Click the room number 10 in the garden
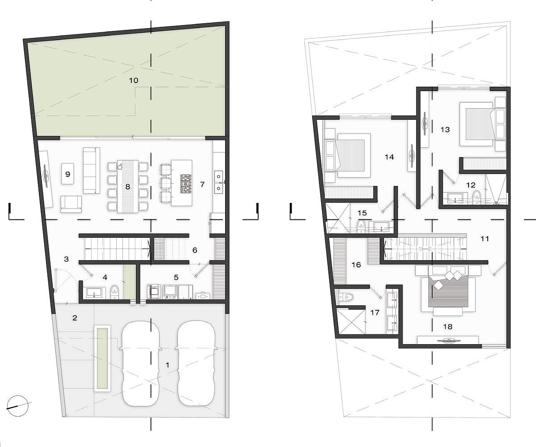[x=134, y=80]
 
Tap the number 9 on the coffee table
[x=68, y=174]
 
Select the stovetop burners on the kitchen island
[x=186, y=184]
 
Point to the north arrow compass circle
[x=17, y=410]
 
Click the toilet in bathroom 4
[x=115, y=292]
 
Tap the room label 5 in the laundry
[x=176, y=278]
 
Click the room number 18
[x=448, y=326]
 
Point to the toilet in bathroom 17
[x=346, y=297]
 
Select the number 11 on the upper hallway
[x=484, y=239]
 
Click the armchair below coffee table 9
[x=71, y=204]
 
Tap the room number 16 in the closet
[x=356, y=265]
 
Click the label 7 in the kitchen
[x=202, y=184]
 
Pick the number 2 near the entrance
[x=75, y=318]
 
